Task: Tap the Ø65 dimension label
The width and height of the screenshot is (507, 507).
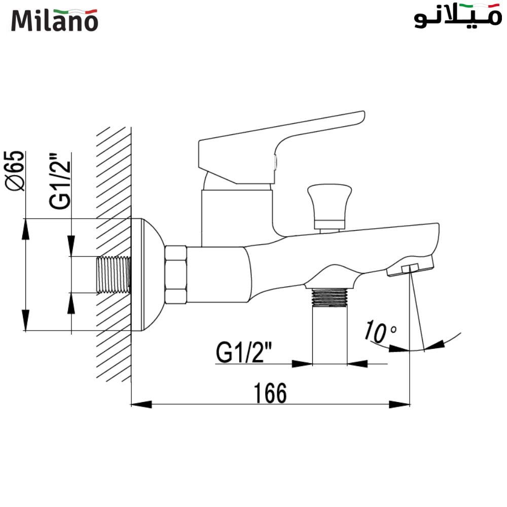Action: pyautogui.click(x=15, y=171)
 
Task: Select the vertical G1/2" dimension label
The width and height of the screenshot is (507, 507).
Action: pyautogui.click(x=60, y=181)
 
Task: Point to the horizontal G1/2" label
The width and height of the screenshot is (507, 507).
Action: pyautogui.click(x=244, y=353)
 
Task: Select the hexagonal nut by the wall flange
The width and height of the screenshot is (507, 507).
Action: pyautogui.click(x=176, y=275)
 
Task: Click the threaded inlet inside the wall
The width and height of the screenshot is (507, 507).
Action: pyautogui.click(x=114, y=274)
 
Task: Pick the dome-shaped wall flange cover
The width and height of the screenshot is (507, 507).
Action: pyautogui.click(x=150, y=275)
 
